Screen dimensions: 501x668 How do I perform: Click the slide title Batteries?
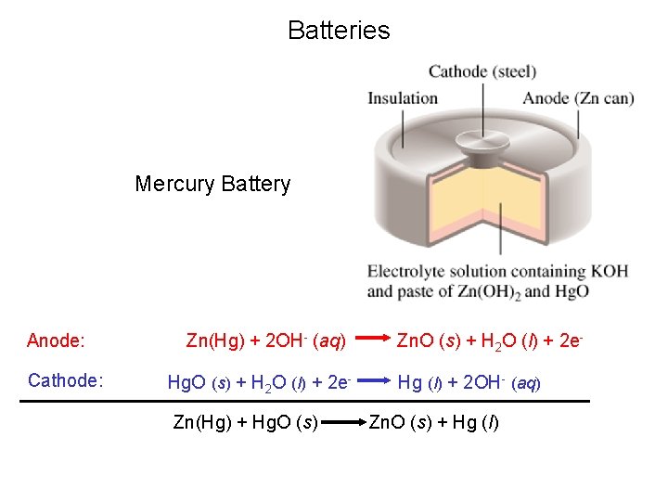click(339, 31)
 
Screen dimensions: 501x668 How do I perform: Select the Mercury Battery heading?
click(212, 184)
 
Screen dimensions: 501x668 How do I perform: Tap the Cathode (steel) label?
click(482, 71)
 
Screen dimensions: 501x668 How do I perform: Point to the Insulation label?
click(403, 98)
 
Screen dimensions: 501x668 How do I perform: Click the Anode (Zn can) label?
click(578, 98)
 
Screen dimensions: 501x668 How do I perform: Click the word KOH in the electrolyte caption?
click(610, 272)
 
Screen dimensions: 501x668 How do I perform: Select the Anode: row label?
click(56, 340)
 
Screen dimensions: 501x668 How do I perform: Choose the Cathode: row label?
click(65, 380)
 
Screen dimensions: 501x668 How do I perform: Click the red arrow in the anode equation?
click(369, 341)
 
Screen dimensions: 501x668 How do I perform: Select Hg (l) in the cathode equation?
click(420, 381)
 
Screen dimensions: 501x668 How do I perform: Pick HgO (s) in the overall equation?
click(285, 423)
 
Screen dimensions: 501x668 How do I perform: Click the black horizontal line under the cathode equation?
click(305, 401)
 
